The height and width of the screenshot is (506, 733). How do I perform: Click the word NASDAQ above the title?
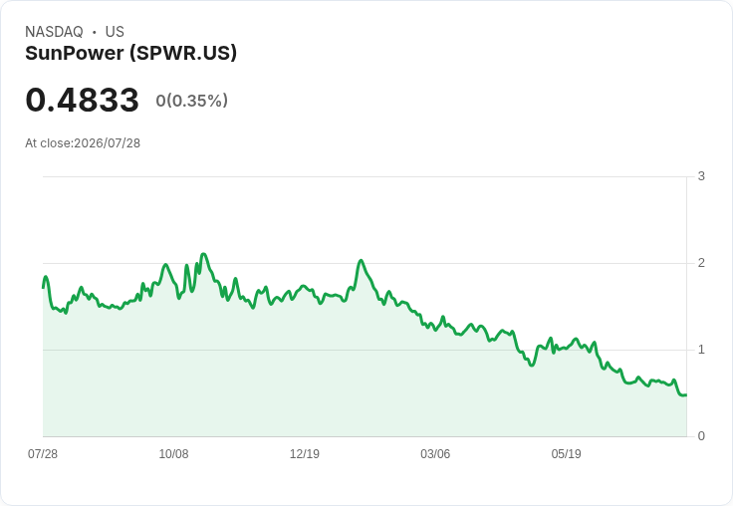[54, 32]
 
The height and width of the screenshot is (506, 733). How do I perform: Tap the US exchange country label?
[115, 32]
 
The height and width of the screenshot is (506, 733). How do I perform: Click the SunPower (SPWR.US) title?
[130, 54]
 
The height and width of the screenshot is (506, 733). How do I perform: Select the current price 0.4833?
[83, 100]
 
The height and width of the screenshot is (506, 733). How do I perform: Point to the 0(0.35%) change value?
[191, 100]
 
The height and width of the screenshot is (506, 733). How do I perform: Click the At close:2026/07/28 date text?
[83, 143]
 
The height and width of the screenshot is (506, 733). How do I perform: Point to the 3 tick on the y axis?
[701, 176]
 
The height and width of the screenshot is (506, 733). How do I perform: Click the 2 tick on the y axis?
[701, 263]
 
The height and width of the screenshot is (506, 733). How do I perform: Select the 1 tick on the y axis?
[701, 350]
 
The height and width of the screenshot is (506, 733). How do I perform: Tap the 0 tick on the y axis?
[701, 436]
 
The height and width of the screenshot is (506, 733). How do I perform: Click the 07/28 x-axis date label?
[43, 453]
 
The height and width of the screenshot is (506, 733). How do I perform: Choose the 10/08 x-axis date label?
[174, 453]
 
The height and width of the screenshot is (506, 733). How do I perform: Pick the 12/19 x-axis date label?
[305, 453]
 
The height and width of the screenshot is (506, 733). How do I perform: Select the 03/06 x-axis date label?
[435, 453]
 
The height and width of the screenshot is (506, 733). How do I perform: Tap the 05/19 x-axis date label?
[566, 453]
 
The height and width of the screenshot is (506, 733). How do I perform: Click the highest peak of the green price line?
[203, 254]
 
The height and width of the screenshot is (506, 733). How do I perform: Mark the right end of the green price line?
[686, 395]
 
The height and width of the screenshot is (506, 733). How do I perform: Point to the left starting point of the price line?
[43, 287]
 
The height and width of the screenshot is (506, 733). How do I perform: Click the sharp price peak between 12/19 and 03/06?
[361, 261]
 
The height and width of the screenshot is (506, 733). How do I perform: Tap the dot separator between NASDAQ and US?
[95, 32]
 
